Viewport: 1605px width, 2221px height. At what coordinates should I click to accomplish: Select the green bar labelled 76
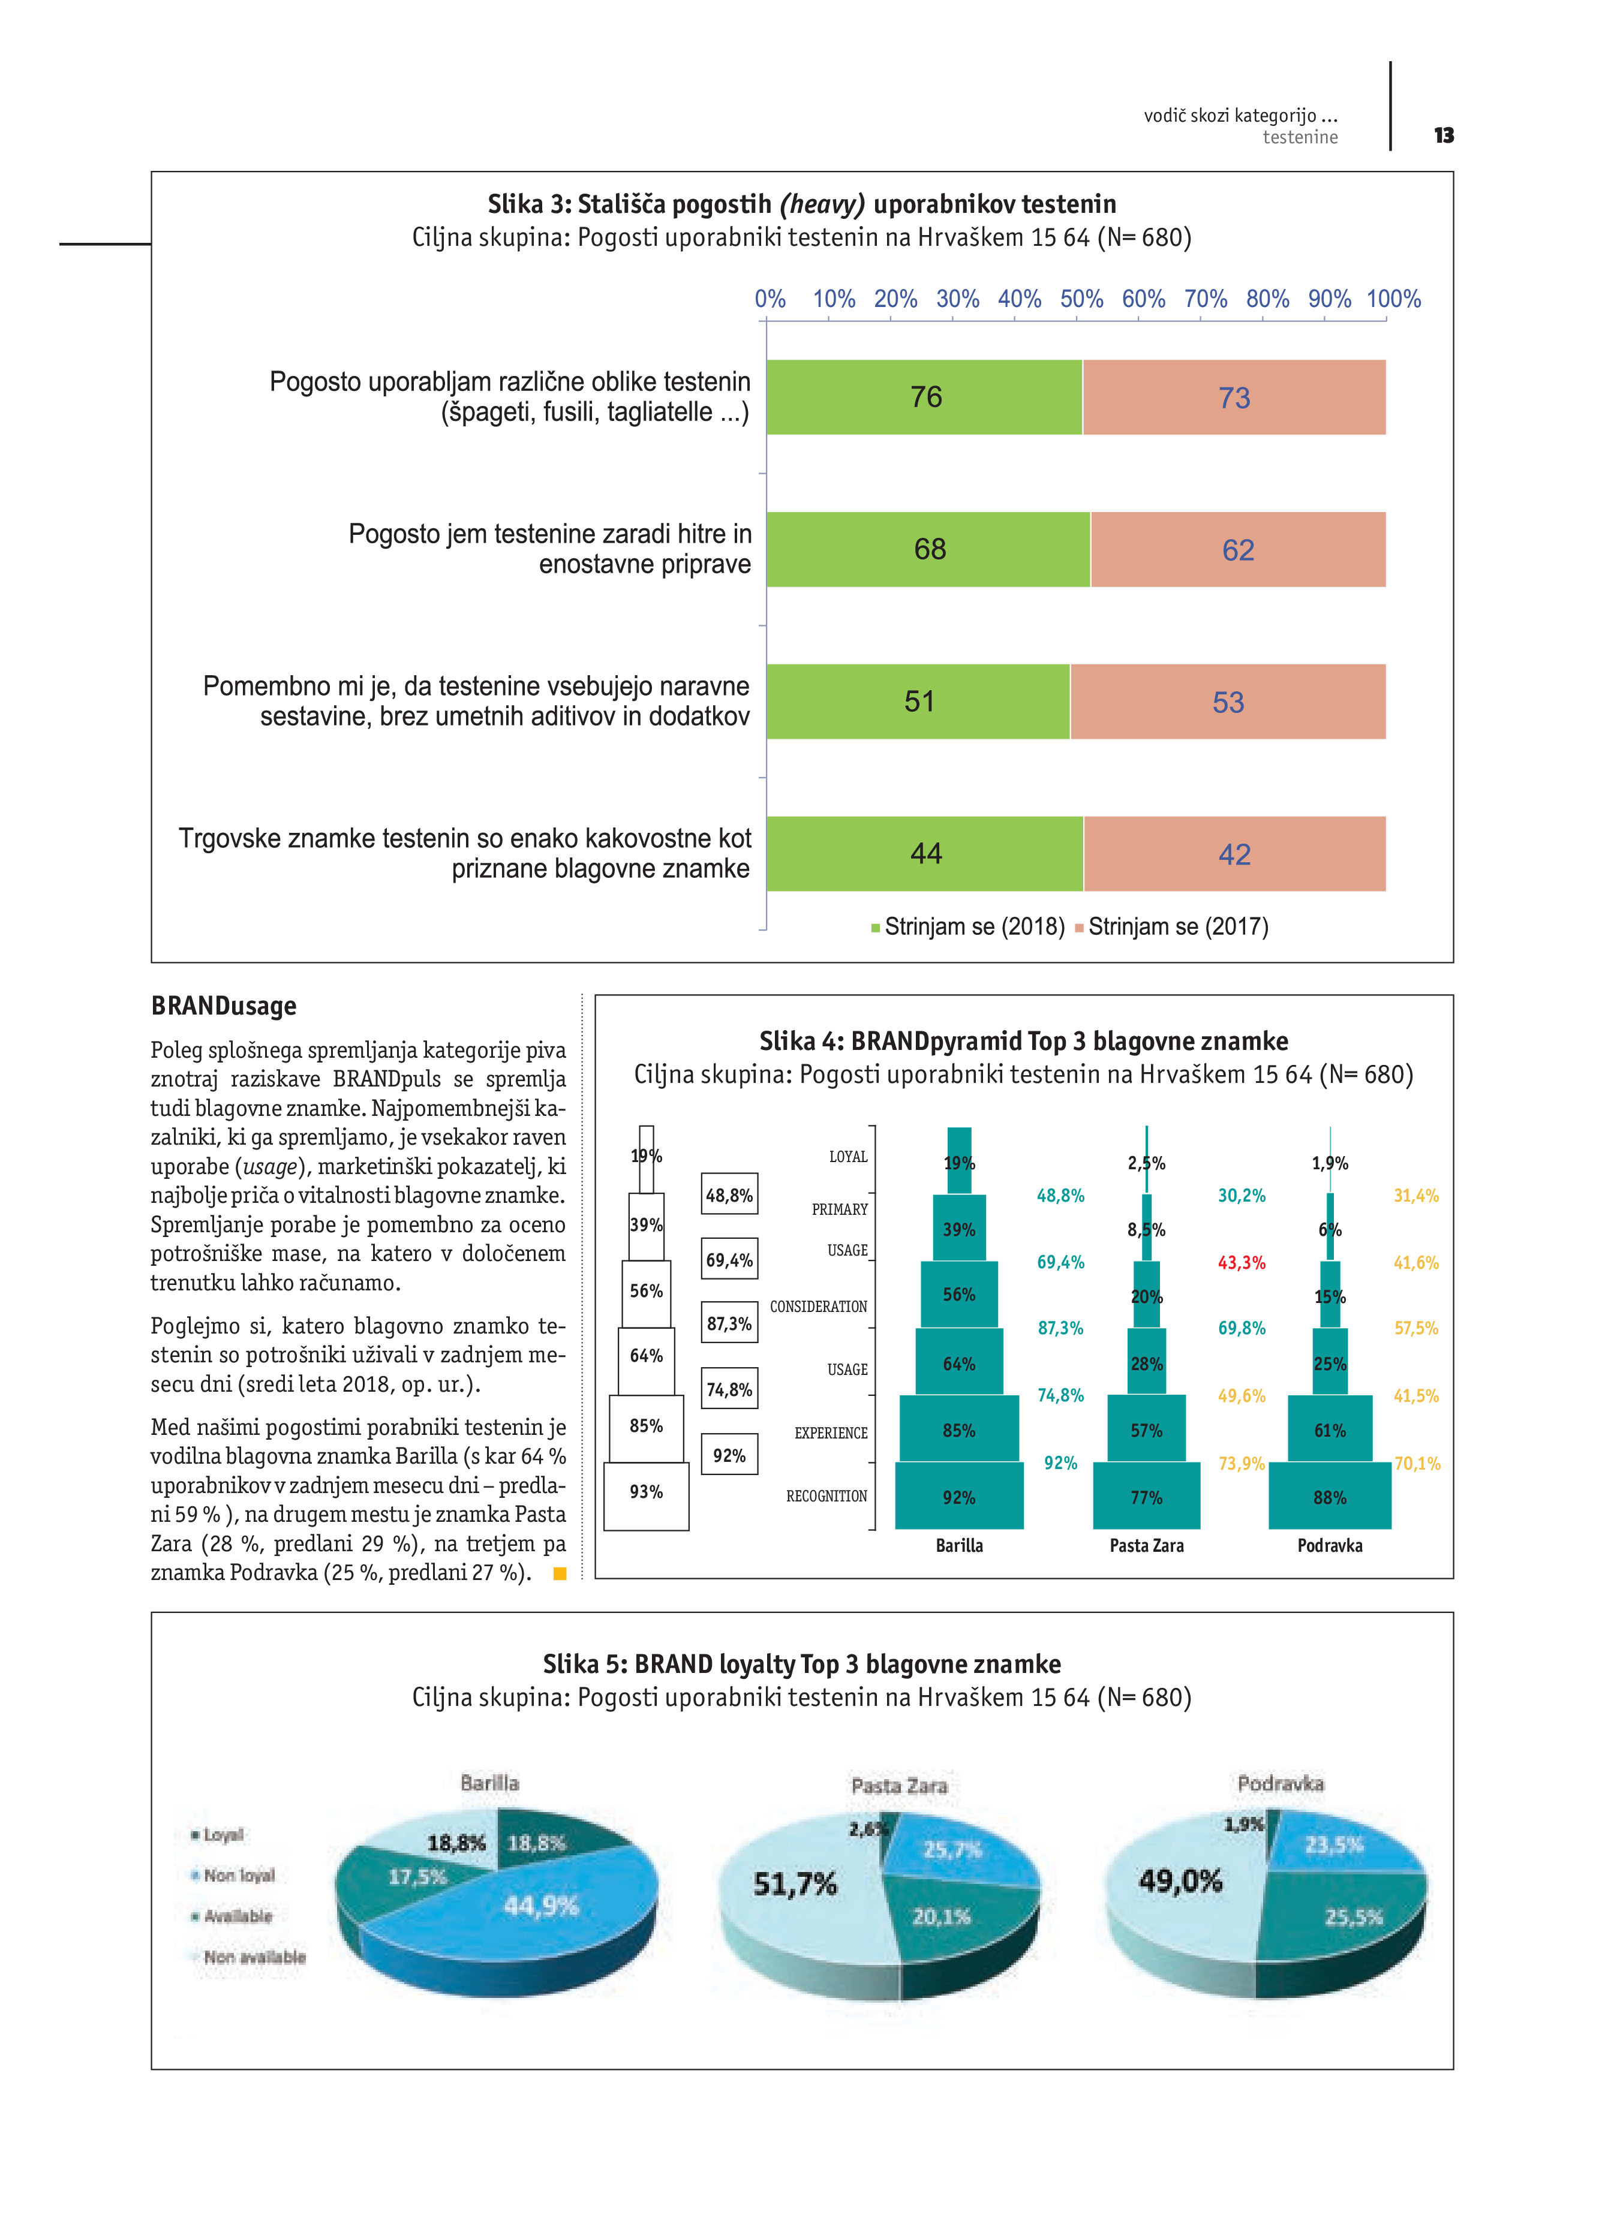coord(924,396)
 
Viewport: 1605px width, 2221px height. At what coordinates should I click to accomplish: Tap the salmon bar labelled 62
coord(1238,549)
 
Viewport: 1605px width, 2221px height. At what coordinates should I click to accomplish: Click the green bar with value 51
coord(918,701)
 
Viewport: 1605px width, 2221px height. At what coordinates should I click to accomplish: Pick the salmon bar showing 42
coord(1234,854)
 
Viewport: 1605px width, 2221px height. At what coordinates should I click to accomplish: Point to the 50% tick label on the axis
coord(1081,299)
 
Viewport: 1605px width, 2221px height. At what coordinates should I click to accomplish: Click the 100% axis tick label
coord(1393,299)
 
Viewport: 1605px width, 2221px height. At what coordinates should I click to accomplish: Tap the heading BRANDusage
coord(223,1006)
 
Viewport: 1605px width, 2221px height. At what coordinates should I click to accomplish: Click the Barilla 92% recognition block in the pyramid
coord(958,1496)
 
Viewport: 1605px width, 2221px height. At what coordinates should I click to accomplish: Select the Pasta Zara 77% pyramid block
coord(1146,1496)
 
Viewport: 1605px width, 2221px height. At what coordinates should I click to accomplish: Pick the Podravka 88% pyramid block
coord(1329,1496)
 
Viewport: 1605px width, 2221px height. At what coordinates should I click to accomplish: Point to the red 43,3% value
coord(1241,1262)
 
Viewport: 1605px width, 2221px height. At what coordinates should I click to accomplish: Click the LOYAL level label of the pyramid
coord(848,1157)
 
